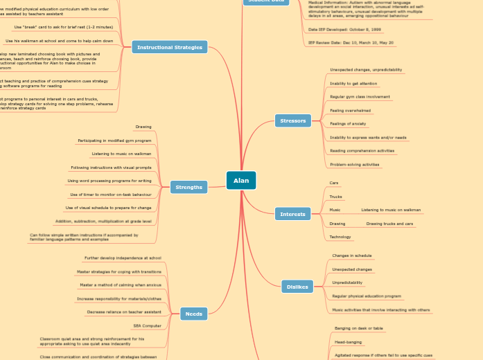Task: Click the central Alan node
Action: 241,181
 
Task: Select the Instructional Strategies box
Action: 170,47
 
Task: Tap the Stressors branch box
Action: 293,121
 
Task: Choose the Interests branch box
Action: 292,214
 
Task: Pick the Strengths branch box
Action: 189,187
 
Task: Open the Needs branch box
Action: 194,314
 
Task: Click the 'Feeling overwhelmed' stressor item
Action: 350,111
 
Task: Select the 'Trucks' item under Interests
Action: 335,197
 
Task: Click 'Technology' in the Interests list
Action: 340,237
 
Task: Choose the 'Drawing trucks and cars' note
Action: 389,224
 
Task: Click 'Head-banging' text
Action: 349,341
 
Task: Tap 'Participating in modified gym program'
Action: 114,141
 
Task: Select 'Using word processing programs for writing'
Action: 109,181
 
